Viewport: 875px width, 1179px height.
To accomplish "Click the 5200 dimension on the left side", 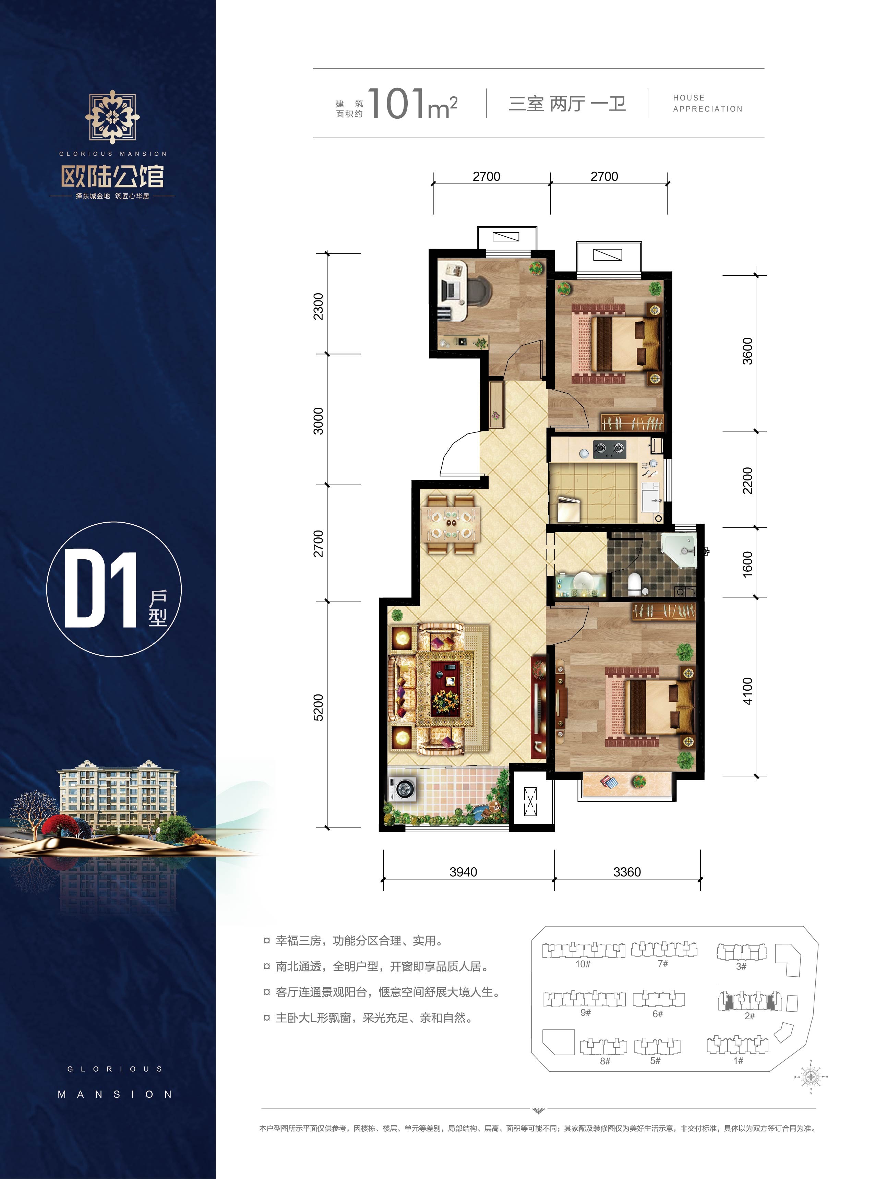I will [x=318, y=707].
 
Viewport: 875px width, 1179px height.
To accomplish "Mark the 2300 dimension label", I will [x=318, y=306].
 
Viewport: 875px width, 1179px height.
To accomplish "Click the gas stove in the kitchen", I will [x=609, y=449].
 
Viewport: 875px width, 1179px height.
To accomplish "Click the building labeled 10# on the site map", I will [x=583, y=951].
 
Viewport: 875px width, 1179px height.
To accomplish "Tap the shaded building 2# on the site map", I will [x=749, y=1001].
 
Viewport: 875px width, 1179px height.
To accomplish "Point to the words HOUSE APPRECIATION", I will [x=707, y=103].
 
